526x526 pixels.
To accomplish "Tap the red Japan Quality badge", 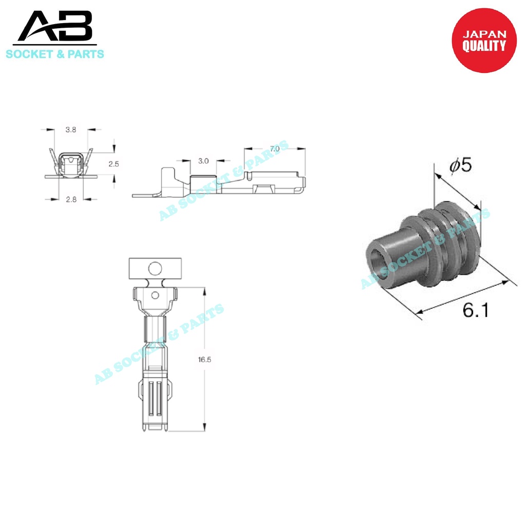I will tap(483, 41).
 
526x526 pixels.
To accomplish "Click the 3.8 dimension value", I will tap(71, 130).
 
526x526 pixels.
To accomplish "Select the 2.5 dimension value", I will tap(114, 164).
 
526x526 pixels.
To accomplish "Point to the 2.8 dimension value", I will tap(71, 199).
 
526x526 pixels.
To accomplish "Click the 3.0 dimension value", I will tap(203, 161).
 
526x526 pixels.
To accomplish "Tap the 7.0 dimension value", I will tap(275, 148).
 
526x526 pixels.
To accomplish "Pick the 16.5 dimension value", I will tap(204, 360).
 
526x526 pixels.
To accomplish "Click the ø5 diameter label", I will tap(460, 165).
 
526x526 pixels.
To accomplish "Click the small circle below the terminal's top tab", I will tap(155, 295).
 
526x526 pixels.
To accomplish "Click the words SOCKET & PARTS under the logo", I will tap(55, 54).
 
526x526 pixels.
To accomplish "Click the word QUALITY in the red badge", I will tap(484, 46).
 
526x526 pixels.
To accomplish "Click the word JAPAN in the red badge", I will tap(484, 34).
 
